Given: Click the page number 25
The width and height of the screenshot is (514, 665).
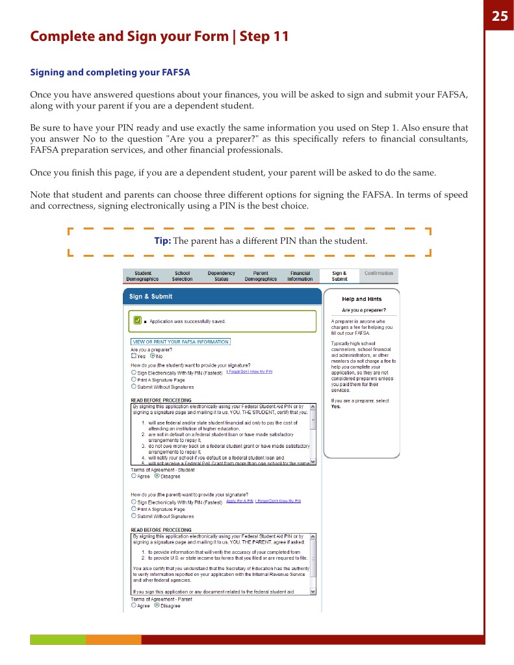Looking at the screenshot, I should pos(499,16).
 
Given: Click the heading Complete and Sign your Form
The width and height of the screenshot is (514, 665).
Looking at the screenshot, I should pos(159,36).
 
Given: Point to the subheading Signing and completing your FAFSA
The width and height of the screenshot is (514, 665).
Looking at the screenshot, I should pos(110,72).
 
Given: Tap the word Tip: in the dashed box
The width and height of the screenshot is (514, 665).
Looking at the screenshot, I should pos(162,241).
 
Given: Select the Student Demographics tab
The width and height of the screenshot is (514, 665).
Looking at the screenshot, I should pos(142,276).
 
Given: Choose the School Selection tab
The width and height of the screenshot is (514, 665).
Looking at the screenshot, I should pos(182,276).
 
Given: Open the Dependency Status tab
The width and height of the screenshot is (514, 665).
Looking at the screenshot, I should pos(222,276).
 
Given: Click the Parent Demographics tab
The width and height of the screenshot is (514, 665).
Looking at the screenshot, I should pos(261,276).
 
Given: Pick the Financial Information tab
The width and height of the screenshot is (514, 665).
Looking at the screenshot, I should pos(300,276).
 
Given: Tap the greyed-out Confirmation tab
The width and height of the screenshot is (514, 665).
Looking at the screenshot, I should pos(379,274).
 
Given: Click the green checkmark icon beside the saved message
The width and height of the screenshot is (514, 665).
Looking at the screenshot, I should pos(137,320).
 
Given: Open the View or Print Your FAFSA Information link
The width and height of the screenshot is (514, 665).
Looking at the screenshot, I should pos(181,341).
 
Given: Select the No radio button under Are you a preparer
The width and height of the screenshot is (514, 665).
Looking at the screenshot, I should pos(153,356).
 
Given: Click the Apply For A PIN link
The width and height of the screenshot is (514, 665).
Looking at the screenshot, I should pos(239,501).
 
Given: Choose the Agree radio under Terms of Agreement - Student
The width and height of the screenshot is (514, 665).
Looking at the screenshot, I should pos(134,476).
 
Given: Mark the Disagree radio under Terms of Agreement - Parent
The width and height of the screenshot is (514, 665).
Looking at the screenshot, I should pos(157,605).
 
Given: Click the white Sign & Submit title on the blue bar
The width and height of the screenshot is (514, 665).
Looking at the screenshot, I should pos(151,296).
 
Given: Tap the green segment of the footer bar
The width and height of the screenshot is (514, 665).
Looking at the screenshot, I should pos(58,640).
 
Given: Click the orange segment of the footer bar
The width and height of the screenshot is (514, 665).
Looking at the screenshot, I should pos(114,640).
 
